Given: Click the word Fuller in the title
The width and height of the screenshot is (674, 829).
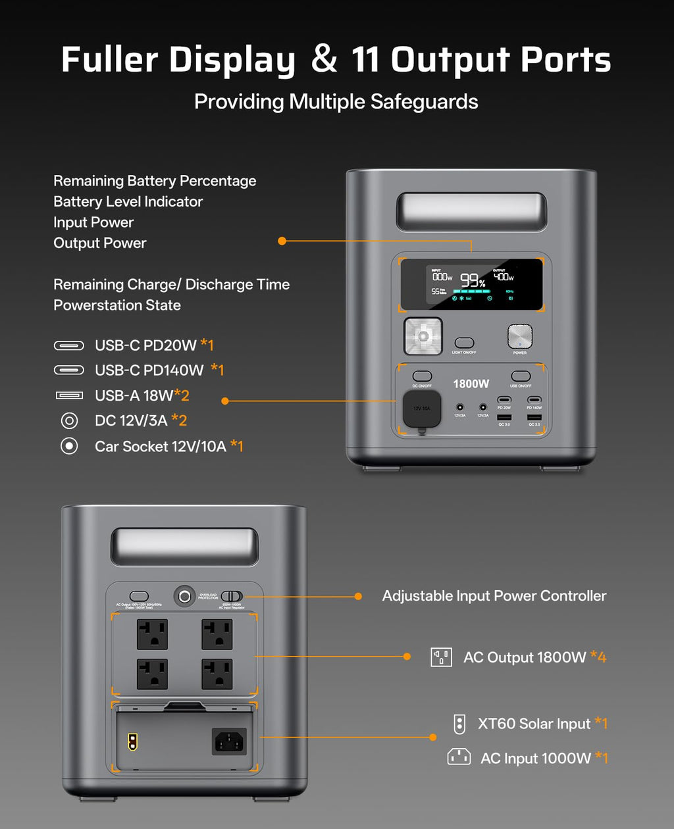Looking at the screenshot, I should [x=109, y=60].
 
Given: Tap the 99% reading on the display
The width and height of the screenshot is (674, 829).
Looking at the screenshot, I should [x=473, y=280].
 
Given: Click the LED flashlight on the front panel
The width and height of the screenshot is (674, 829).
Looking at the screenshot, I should [x=423, y=336].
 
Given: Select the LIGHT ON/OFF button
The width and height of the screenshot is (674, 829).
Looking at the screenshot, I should [x=464, y=343].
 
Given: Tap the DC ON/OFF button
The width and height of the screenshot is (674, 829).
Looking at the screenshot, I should [x=422, y=376].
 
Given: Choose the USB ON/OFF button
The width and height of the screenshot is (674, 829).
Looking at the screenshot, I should [x=521, y=376].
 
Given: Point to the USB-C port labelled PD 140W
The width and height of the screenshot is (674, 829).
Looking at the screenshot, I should [x=534, y=399].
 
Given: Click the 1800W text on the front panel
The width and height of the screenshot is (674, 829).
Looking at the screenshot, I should [x=471, y=384].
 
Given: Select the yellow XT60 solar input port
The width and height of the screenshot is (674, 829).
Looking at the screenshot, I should [x=132, y=742].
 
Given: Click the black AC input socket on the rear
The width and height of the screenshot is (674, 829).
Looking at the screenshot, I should [x=229, y=742].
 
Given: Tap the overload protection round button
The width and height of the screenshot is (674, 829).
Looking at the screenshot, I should [x=185, y=596].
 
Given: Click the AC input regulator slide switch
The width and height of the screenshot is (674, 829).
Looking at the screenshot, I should [x=231, y=596].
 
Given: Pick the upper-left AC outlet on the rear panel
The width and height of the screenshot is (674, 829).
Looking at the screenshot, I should [x=152, y=634].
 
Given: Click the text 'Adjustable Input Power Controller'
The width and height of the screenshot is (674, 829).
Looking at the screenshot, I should [x=494, y=596].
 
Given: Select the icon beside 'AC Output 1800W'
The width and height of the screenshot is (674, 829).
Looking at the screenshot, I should [x=441, y=657].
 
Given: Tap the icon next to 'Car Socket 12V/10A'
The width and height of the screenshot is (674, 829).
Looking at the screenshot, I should [x=69, y=446].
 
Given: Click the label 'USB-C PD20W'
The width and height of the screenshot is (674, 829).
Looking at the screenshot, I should [x=145, y=345].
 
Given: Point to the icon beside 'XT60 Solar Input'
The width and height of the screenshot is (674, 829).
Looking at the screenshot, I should [x=459, y=724].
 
